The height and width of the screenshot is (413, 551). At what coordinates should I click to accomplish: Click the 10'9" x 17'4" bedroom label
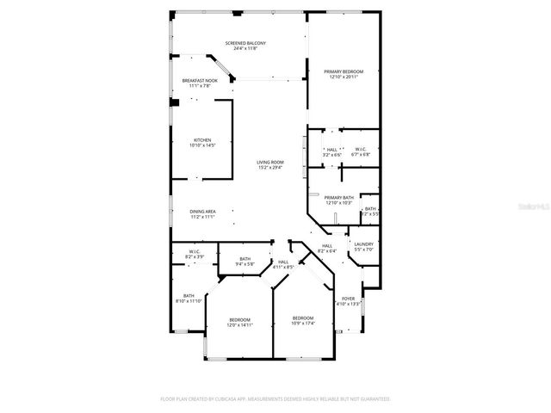click(x=303, y=319)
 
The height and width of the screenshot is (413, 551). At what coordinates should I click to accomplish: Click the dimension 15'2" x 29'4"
click(x=269, y=168)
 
